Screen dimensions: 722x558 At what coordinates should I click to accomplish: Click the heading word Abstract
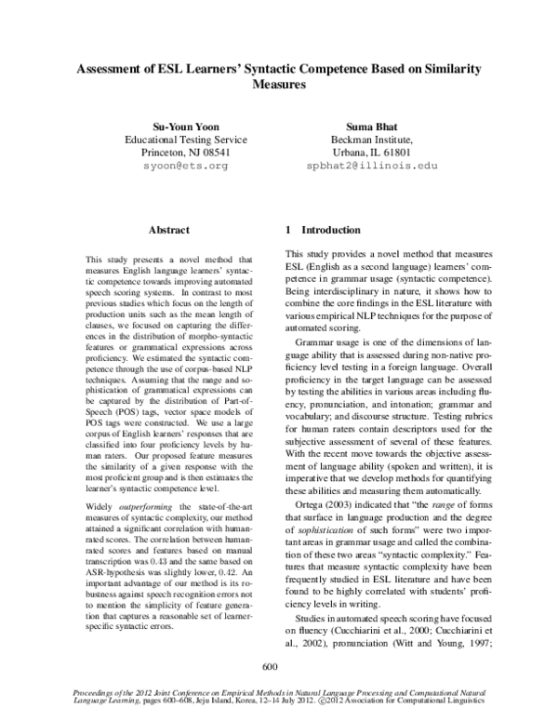click(169, 230)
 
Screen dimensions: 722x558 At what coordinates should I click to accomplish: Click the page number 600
click(272, 666)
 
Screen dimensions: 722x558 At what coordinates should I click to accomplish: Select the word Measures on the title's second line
click(279, 84)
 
